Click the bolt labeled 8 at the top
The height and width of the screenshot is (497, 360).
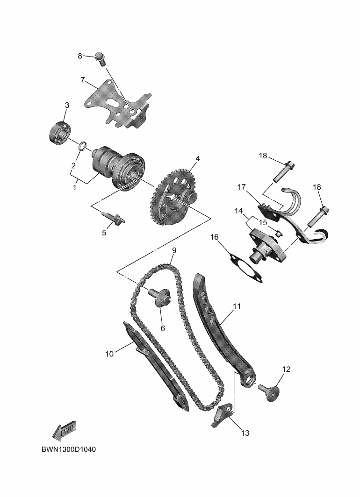[x=100, y=58]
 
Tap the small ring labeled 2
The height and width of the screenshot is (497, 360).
[x=82, y=146]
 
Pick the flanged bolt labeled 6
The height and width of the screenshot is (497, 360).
[x=161, y=297]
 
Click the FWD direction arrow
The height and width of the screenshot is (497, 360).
[x=64, y=431]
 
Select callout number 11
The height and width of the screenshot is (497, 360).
[x=237, y=306]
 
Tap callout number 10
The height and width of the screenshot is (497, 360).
[x=109, y=354]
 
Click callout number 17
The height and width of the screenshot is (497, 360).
[x=241, y=187]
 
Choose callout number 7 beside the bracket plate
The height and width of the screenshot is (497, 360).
[x=82, y=80]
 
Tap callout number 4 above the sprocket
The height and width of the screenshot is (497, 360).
[x=198, y=159]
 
